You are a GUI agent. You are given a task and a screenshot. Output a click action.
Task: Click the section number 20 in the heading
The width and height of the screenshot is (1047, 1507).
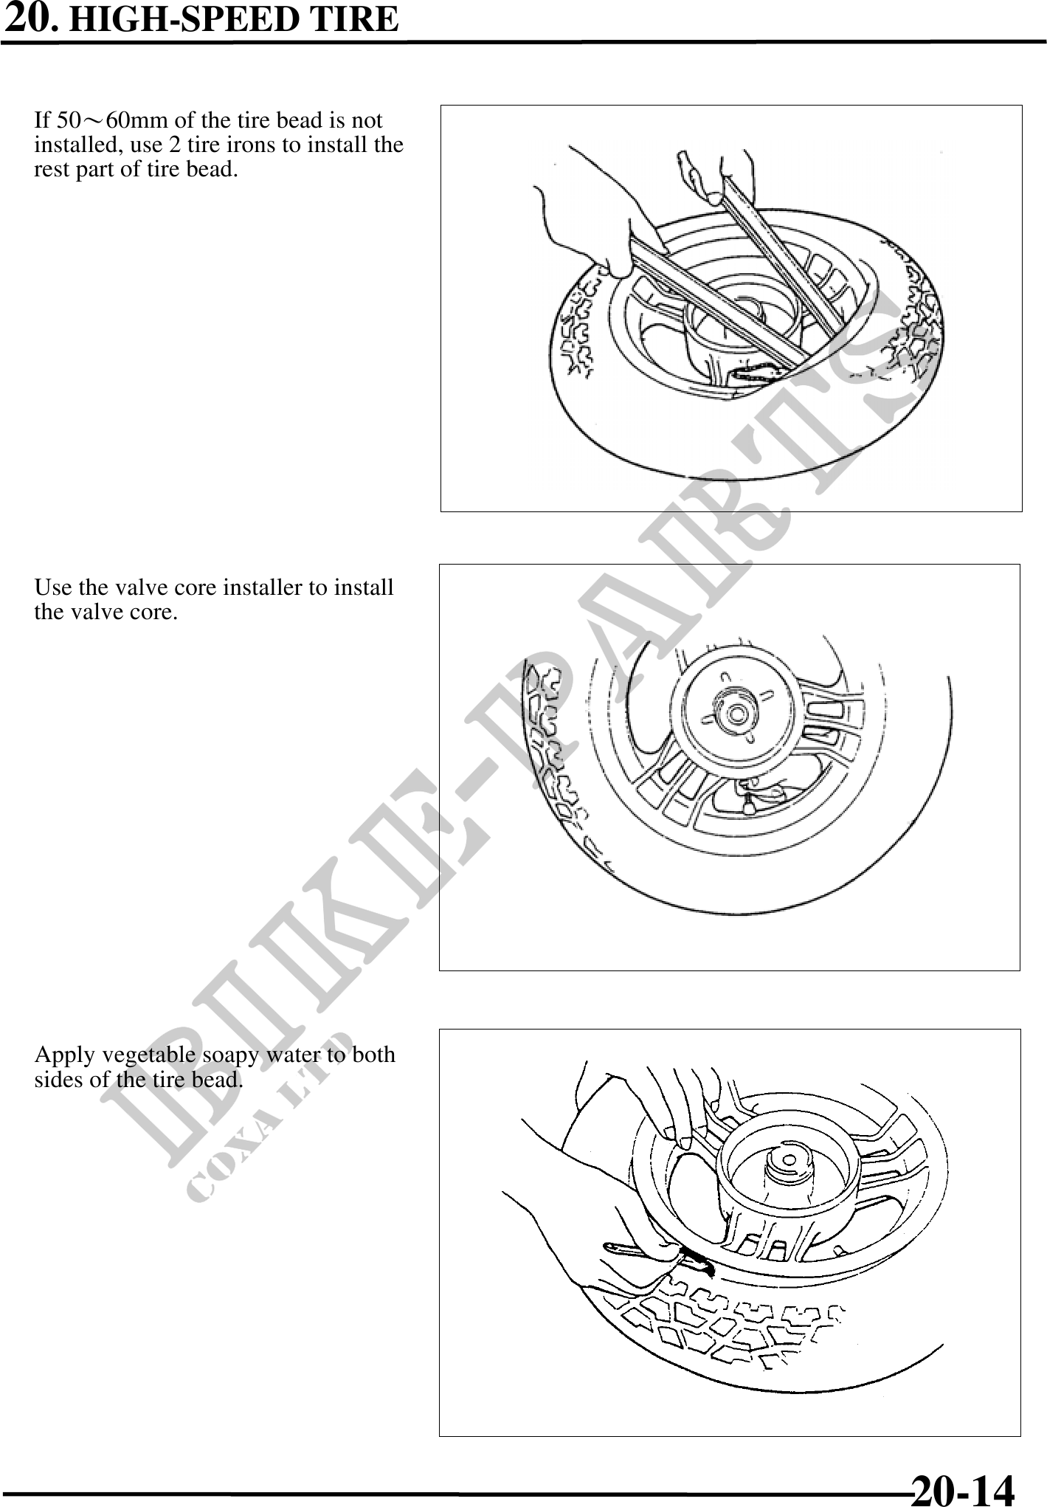pyautogui.click(x=30, y=18)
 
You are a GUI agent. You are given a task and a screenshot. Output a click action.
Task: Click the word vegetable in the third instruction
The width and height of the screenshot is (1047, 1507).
pyautogui.click(x=151, y=1055)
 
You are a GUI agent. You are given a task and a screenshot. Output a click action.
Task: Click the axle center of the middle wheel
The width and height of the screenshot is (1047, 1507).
pyautogui.click(x=736, y=713)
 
